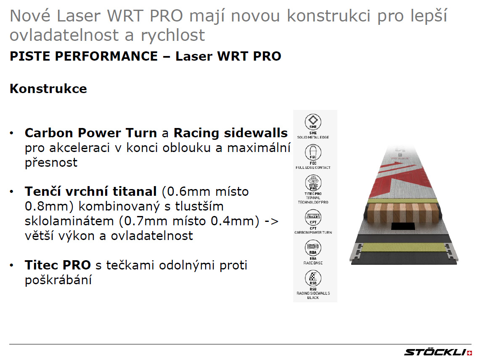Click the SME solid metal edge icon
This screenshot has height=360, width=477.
tap(313, 122)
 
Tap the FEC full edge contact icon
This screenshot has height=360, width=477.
tap(313, 152)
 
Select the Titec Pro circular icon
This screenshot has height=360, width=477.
tap(313, 183)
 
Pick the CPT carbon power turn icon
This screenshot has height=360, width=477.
tap(313, 217)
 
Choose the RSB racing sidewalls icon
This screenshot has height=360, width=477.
tap(313, 278)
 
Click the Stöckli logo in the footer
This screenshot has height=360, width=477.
tap(438, 352)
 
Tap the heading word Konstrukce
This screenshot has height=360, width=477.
tap(48, 88)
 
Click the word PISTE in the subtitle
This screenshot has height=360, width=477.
tap(30, 56)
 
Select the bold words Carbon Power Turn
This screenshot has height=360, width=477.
tap(91, 133)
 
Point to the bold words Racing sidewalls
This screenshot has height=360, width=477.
tap(231, 133)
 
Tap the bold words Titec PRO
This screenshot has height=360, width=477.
tap(58, 265)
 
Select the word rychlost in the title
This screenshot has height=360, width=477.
tap(173, 35)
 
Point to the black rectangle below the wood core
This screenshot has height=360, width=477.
tap(403, 226)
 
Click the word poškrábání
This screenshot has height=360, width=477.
tap(58, 280)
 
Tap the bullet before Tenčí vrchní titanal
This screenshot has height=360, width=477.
tap(11, 192)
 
